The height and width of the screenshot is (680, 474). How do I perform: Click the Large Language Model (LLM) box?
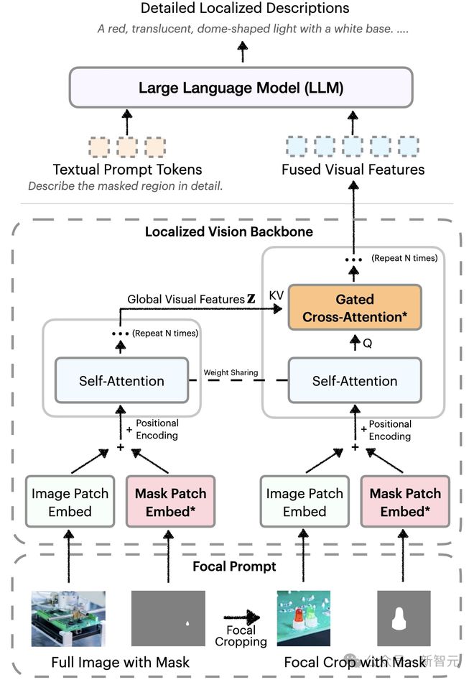pyautogui.click(x=241, y=88)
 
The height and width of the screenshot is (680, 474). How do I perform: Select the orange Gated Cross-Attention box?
pyautogui.click(x=354, y=308)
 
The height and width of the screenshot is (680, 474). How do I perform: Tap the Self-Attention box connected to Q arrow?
pyautogui.click(x=354, y=381)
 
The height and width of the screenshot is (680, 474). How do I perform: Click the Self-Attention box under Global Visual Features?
pyautogui.click(x=121, y=381)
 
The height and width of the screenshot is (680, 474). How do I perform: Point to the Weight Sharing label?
pyautogui.click(x=230, y=373)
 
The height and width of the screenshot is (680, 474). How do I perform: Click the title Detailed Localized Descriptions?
pyautogui.click(x=244, y=9)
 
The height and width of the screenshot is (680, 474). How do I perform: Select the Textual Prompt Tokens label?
pyautogui.click(x=127, y=170)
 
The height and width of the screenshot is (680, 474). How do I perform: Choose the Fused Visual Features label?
pyautogui.click(x=353, y=170)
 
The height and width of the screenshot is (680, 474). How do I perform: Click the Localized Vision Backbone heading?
pyautogui.click(x=228, y=232)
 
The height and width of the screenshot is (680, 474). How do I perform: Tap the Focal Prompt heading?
pyautogui.click(x=234, y=566)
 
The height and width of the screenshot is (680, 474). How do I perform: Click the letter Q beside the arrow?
pyautogui.click(x=367, y=344)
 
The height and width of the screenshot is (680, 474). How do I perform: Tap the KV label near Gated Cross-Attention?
pyautogui.click(x=276, y=295)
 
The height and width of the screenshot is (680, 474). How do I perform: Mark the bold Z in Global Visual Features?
pyautogui.click(x=251, y=299)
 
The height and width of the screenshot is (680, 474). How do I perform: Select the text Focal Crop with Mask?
pyautogui.click(x=355, y=662)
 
